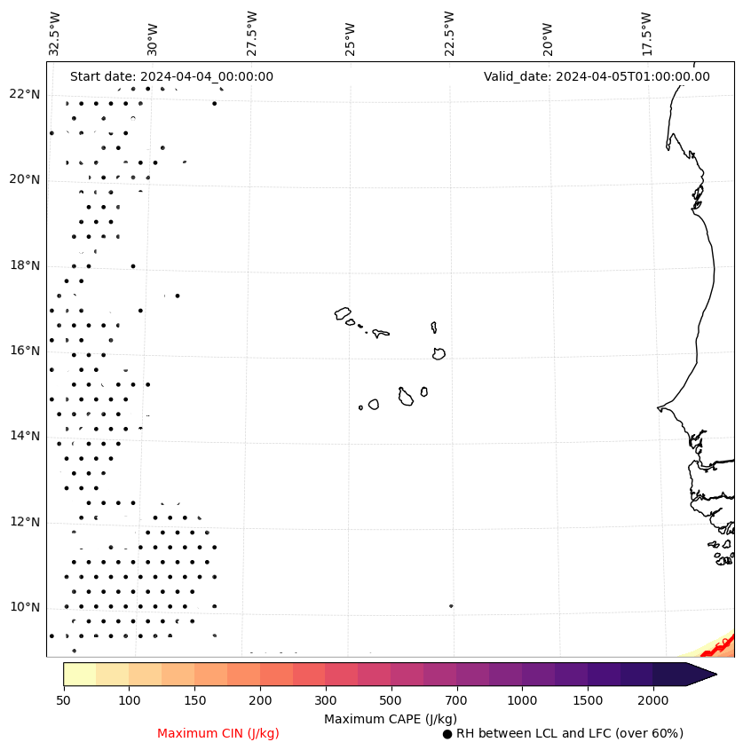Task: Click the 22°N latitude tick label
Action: (x=25, y=94)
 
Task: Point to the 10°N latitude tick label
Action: (x=25, y=607)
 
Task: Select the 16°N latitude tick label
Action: (x=25, y=351)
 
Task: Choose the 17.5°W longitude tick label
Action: (x=646, y=33)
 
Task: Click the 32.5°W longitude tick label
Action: (x=55, y=33)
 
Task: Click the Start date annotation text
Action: (x=171, y=76)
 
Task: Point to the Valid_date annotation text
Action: (x=597, y=76)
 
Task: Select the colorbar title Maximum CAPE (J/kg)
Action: (x=390, y=718)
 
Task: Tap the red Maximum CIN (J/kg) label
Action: (x=218, y=733)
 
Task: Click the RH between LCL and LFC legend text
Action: (x=569, y=733)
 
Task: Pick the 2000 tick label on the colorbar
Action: (x=653, y=701)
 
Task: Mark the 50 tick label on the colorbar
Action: (x=63, y=701)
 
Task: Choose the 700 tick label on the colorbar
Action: (x=456, y=701)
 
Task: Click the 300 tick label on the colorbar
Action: (x=325, y=701)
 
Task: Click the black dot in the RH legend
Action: (x=447, y=734)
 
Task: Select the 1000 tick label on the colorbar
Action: (x=522, y=701)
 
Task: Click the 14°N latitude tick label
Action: (x=25, y=436)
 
